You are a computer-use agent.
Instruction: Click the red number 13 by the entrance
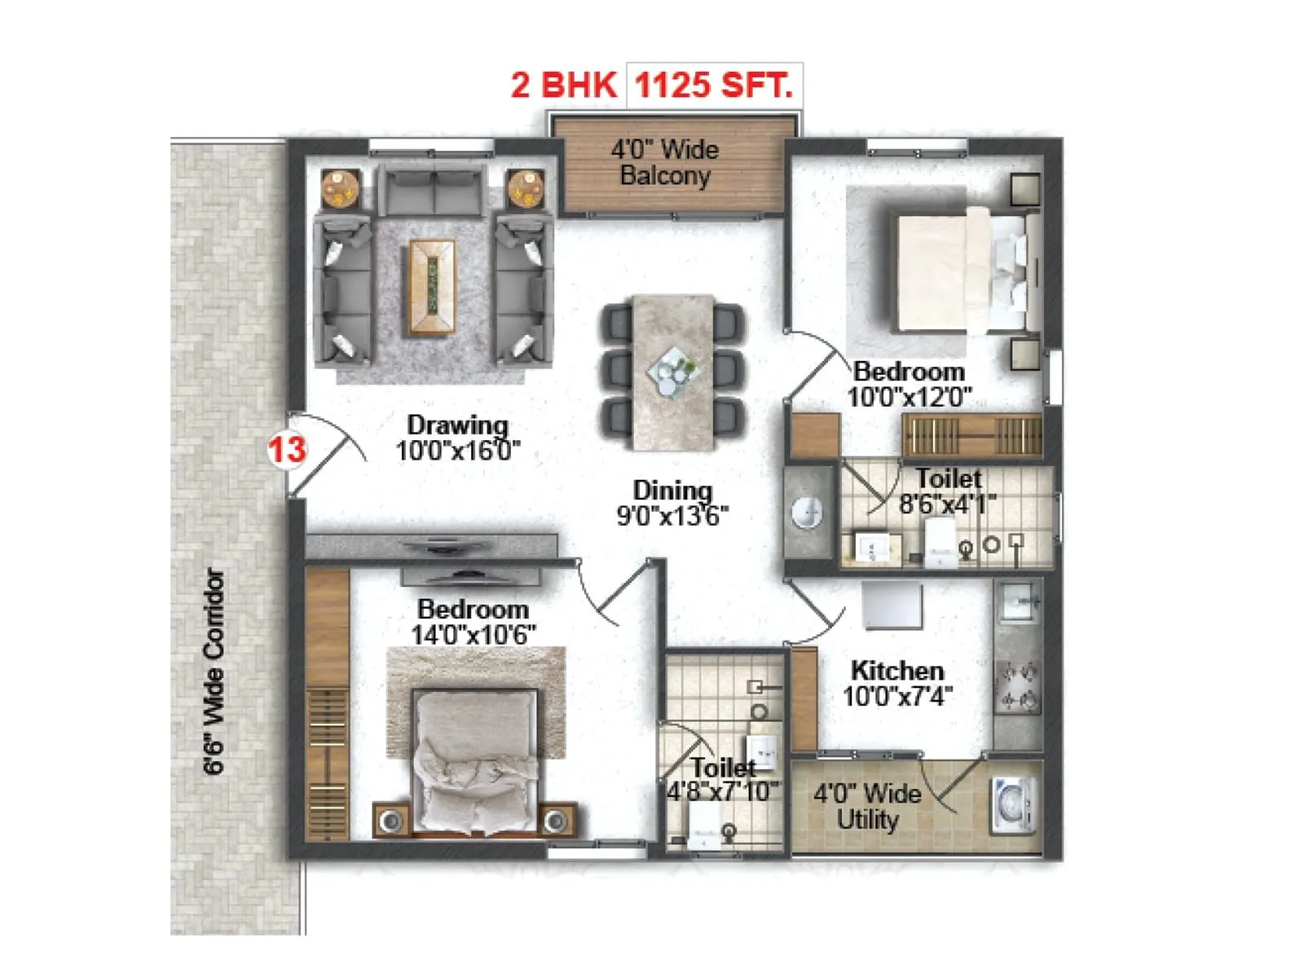(x=287, y=449)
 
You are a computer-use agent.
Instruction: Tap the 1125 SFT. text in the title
(x=713, y=85)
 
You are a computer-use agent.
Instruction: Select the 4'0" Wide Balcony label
(x=665, y=162)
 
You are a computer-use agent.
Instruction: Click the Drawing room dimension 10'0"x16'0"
(x=457, y=451)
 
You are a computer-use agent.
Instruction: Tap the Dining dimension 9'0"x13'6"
(x=672, y=516)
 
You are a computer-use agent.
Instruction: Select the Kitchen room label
(x=897, y=671)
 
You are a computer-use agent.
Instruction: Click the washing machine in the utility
(x=1013, y=805)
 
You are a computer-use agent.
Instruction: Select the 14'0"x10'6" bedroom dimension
(x=474, y=635)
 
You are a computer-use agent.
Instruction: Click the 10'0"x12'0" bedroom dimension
(x=910, y=398)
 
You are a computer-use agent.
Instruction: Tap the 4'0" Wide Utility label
(x=867, y=806)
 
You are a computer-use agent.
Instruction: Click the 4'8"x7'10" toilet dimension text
(x=723, y=791)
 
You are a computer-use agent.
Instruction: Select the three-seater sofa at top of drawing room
(x=434, y=189)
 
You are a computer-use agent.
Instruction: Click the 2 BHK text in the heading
(x=563, y=85)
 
